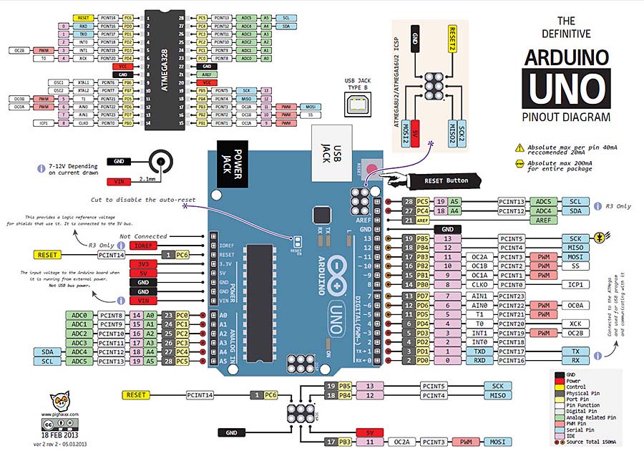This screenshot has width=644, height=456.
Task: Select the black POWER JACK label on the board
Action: click(226, 169)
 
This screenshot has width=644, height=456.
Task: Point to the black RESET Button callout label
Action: click(446, 180)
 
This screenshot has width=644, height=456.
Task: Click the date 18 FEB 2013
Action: click(59, 435)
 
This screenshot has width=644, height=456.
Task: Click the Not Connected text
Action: click(143, 236)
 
